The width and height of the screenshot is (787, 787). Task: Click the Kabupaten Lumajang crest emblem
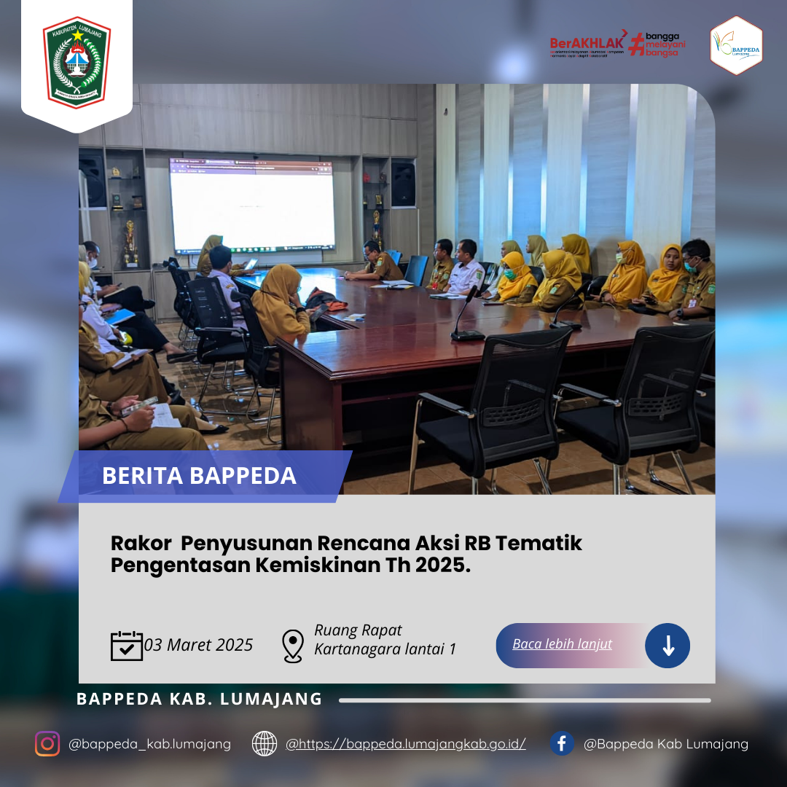[x=77, y=63]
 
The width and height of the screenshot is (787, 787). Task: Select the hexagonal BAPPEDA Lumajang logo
[x=736, y=46]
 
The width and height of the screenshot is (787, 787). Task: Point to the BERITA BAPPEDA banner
[x=200, y=476]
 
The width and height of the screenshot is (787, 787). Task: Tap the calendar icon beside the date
[x=127, y=646]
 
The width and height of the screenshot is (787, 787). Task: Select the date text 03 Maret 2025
[x=199, y=645]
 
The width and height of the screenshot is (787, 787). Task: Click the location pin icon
[x=292, y=646]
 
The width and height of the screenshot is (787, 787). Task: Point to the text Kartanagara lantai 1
[x=385, y=649]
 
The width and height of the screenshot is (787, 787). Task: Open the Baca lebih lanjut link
[x=562, y=644]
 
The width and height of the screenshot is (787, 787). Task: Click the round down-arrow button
[x=667, y=646]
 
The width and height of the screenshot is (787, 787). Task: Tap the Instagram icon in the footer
[x=47, y=744]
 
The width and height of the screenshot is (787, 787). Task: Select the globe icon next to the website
[x=265, y=744]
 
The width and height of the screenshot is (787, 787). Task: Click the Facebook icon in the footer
[x=561, y=744]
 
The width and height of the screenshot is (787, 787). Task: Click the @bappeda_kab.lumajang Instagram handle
[x=149, y=744]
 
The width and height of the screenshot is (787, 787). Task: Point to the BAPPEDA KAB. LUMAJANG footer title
[x=199, y=699]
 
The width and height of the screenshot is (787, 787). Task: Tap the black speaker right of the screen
[x=403, y=183]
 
